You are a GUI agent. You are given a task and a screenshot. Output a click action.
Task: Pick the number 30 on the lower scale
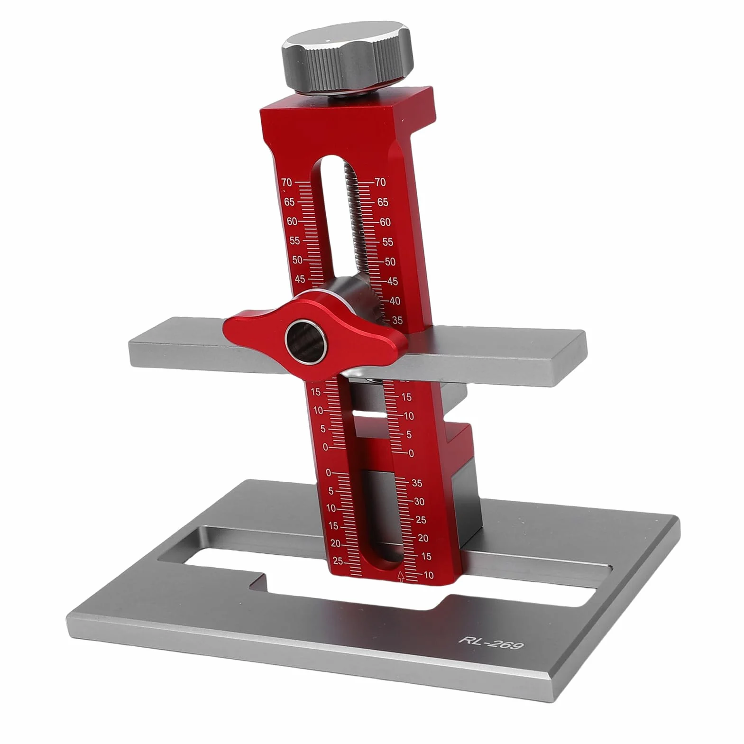point(419,501)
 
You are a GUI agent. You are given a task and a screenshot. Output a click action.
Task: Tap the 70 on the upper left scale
point(286,182)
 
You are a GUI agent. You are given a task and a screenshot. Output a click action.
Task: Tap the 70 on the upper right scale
point(380,182)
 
